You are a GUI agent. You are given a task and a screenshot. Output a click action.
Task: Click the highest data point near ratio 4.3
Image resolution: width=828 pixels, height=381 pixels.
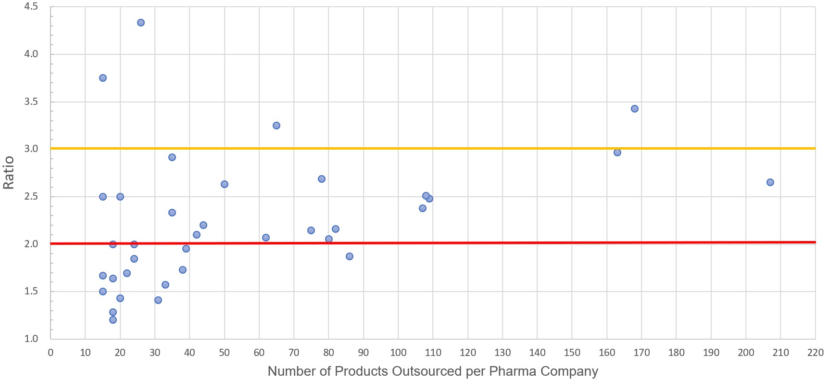(x=141, y=23)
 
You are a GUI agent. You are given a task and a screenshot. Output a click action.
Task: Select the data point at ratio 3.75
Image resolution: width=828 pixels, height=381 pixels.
(x=103, y=78)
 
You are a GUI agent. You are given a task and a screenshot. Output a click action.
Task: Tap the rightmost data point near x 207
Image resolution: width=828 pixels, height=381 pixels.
(x=770, y=182)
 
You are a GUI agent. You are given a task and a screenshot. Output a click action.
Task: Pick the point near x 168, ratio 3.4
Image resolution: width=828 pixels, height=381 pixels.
(x=634, y=109)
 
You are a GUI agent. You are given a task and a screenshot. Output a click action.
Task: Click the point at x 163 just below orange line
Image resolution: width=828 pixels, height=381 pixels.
(x=617, y=152)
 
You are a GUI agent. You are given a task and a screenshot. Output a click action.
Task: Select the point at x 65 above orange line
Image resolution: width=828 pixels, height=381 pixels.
(x=276, y=126)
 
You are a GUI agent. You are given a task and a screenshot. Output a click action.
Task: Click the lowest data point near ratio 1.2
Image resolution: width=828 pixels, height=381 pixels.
(x=113, y=320)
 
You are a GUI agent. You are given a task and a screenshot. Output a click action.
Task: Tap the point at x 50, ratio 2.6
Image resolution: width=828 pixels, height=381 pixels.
(x=224, y=184)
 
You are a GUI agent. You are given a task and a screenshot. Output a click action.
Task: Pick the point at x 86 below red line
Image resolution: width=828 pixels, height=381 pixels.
(x=350, y=256)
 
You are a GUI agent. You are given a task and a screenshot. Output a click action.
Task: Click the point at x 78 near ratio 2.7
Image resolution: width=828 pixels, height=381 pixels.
(x=322, y=179)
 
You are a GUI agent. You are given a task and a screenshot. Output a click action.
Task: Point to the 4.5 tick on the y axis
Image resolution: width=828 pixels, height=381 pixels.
(x=31, y=7)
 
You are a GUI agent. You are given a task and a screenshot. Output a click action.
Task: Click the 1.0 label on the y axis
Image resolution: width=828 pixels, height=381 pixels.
(x=31, y=339)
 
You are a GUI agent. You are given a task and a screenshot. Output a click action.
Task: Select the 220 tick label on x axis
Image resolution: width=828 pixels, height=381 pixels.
(x=815, y=353)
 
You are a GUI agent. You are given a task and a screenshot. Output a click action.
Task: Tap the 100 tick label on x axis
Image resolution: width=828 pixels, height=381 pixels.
(x=398, y=353)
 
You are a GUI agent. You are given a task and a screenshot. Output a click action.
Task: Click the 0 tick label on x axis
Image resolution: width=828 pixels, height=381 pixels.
(x=50, y=353)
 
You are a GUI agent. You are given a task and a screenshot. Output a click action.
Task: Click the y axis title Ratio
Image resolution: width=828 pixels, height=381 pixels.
(x=9, y=172)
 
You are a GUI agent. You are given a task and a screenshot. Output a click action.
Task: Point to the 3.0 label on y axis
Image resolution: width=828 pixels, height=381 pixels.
(x=31, y=149)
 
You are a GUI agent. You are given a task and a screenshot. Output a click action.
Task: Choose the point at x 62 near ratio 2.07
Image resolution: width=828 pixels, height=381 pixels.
(x=266, y=238)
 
